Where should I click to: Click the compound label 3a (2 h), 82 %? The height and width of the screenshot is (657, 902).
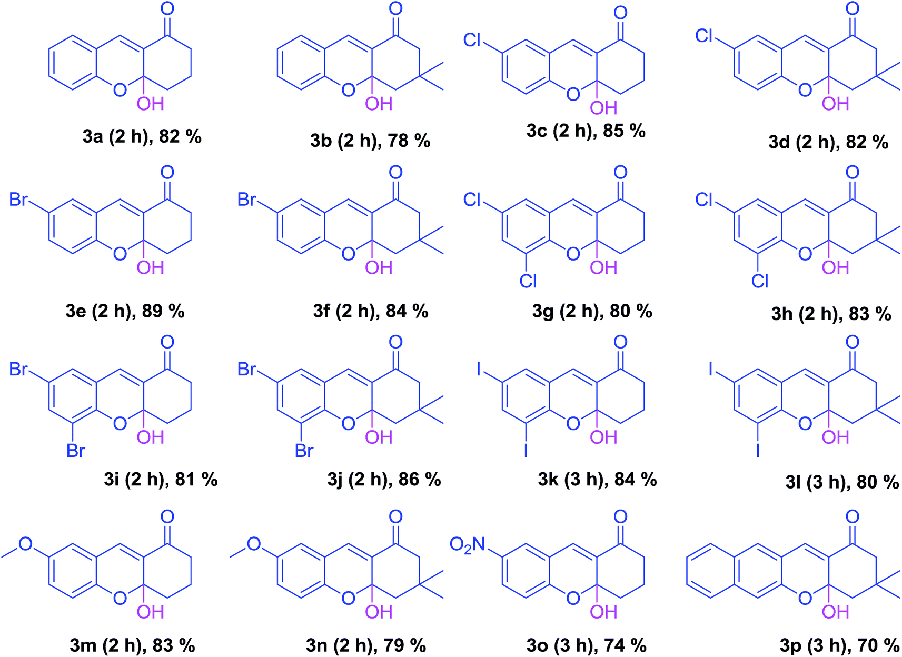142,137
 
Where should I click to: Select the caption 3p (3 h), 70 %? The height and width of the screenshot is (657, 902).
840,645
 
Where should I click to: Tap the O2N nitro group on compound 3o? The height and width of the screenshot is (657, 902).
468,544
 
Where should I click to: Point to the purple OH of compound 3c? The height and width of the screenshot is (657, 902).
603,108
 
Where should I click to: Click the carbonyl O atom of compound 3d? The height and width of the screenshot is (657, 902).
852,9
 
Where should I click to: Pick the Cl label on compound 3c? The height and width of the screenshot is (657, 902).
472,40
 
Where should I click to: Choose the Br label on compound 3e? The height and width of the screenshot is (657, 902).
18,200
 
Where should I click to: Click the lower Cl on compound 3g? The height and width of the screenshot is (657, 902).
528,281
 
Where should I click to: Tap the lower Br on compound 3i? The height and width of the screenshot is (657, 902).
75,451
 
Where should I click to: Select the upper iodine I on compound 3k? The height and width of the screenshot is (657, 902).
479,370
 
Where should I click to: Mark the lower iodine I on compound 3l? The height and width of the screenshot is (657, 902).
758,451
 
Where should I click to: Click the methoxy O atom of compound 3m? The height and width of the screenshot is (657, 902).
25,544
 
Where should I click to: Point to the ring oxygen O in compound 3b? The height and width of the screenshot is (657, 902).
348,90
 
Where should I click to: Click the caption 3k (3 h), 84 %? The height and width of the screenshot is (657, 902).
597,480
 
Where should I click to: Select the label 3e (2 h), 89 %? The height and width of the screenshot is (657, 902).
125,311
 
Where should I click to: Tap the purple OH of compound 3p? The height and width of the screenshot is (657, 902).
836,612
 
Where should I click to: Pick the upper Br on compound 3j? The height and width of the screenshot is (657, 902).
247,370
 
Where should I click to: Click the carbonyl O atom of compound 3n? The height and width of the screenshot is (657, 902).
395,516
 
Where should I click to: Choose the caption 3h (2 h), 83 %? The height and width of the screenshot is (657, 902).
831,314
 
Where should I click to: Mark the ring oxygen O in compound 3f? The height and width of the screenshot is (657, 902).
348,254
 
